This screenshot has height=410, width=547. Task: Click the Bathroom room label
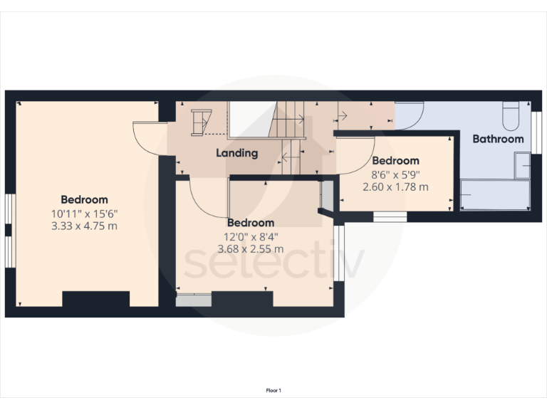(x=498, y=139)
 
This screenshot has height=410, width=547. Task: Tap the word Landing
(x=237, y=153)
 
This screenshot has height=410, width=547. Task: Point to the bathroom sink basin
(x=523, y=167)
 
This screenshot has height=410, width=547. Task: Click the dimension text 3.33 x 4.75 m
(x=84, y=226)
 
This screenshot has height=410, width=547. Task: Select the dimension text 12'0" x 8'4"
(x=251, y=236)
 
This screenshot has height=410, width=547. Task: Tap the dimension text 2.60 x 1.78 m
(x=395, y=187)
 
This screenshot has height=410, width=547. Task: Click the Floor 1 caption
(x=273, y=390)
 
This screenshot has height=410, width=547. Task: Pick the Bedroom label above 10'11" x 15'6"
(x=84, y=199)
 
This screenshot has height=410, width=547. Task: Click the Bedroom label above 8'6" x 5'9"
(x=395, y=161)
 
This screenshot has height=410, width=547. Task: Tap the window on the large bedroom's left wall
(x=9, y=231)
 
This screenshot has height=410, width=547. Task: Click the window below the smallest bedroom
(x=390, y=216)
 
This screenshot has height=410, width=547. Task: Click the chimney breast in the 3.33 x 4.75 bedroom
(x=95, y=300)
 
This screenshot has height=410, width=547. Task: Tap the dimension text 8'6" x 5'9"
(x=395, y=174)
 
